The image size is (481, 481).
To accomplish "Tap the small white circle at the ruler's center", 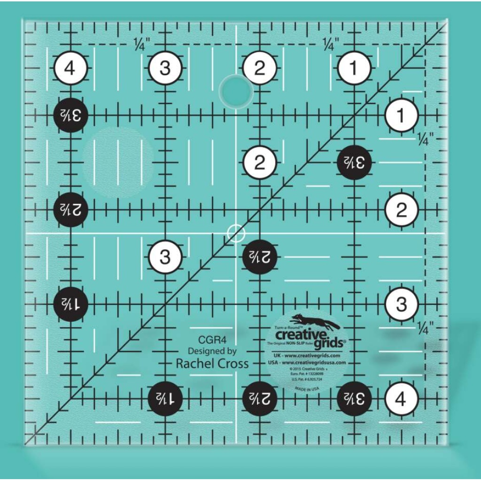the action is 236,233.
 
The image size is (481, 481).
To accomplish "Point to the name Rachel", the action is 196,363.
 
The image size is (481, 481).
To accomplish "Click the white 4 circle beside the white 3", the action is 70,69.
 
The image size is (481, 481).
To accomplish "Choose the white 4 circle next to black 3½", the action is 401,399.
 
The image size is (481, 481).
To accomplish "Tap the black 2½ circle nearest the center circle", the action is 259,257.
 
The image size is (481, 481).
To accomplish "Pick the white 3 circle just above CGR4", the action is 165,257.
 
